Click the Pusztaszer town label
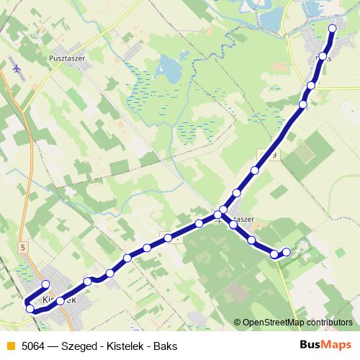point(66,58)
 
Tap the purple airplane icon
point(17,69)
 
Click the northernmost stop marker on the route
point(333,29)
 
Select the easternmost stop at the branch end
point(287,251)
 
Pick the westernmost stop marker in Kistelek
point(30,309)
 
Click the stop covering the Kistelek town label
point(60,300)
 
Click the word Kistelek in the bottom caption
point(125,346)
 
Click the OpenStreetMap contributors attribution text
point(297,323)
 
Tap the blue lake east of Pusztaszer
point(170,70)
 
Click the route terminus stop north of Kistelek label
point(46,284)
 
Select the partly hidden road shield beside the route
point(264,154)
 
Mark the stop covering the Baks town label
point(323,56)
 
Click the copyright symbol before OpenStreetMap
point(238,323)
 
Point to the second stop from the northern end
point(323,56)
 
